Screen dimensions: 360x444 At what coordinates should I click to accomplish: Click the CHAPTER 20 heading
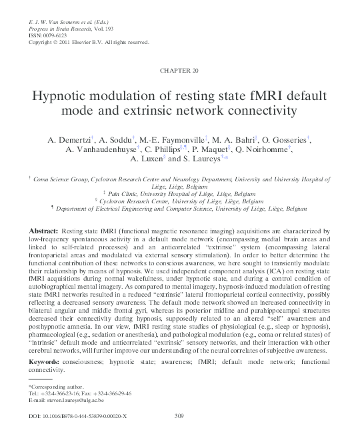coord(179,70)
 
